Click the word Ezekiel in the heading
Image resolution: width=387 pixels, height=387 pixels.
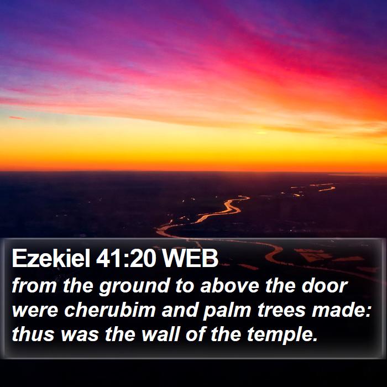(x=51, y=258)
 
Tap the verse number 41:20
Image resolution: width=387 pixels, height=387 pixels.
(x=126, y=259)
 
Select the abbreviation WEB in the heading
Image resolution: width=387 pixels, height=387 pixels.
(x=190, y=259)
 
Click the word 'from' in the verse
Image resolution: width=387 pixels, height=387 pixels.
(x=34, y=286)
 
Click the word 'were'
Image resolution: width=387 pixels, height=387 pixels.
(x=35, y=311)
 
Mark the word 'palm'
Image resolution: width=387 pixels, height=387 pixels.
(x=227, y=311)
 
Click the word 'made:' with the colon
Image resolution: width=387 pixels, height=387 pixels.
(x=342, y=310)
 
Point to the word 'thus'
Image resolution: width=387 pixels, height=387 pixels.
(x=33, y=334)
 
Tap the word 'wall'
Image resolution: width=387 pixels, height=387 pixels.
(x=160, y=334)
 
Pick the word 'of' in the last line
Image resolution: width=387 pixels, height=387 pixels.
(x=195, y=334)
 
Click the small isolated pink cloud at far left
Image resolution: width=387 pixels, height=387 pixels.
(x=17, y=118)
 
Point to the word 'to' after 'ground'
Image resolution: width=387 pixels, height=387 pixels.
(x=185, y=286)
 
